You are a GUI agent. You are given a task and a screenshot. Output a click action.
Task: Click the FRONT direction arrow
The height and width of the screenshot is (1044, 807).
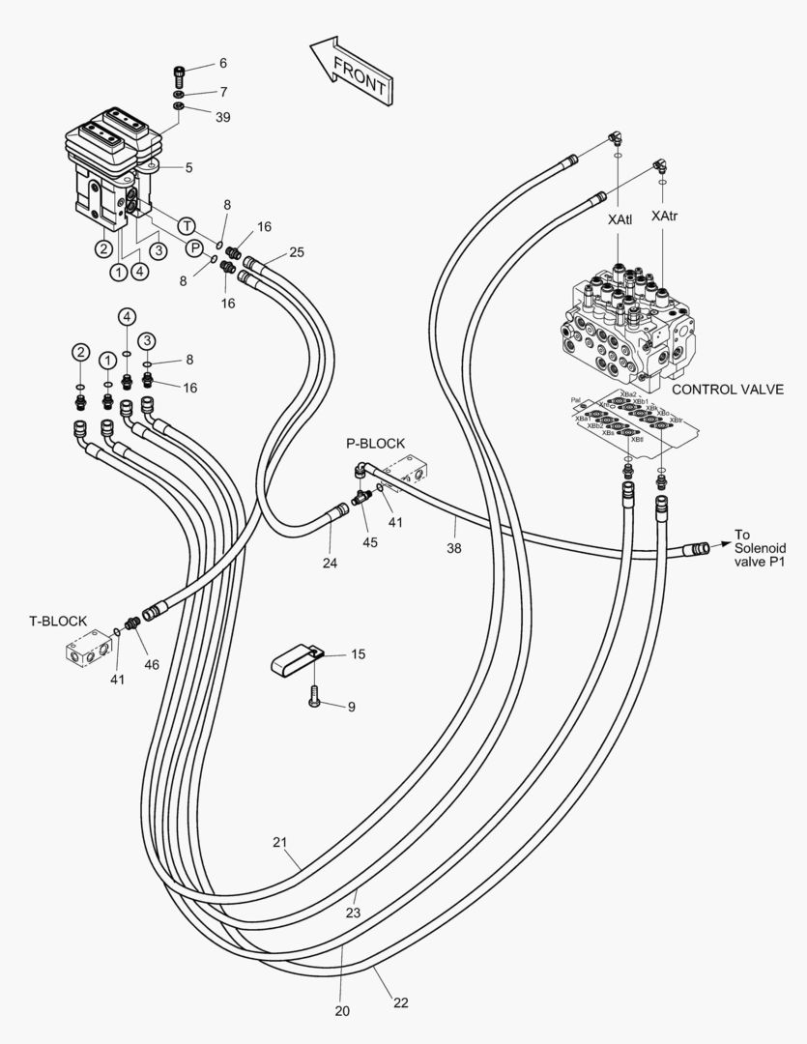tap(351, 70)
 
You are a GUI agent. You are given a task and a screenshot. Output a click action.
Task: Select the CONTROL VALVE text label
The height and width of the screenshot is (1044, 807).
tap(727, 390)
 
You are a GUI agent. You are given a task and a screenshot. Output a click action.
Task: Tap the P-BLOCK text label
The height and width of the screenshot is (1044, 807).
tap(376, 444)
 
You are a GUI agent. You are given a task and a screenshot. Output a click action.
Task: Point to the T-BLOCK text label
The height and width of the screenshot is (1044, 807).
tap(58, 621)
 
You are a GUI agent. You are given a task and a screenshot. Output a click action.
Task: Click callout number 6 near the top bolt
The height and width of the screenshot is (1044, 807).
tap(222, 63)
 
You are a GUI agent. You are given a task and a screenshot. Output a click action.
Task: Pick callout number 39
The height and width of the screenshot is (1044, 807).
tap(223, 118)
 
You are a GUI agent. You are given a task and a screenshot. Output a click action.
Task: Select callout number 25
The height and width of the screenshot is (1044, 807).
tap(297, 252)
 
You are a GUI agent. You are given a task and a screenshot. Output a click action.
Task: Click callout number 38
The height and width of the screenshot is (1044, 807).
tap(454, 548)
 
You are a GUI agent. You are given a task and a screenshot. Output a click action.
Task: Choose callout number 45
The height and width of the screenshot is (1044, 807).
tap(371, 542)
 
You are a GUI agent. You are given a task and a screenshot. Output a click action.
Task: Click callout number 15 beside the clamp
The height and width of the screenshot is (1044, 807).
tap(358, 654)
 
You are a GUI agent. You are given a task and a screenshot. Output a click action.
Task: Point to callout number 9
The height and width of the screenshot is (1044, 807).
tap(351, 707)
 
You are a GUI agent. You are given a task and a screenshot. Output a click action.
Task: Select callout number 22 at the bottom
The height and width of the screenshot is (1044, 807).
tap(400, 1002)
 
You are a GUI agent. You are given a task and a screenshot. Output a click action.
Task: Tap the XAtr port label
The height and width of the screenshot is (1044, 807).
tap(665, 216)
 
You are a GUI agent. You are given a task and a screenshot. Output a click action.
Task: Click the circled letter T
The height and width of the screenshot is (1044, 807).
tap(187, 226)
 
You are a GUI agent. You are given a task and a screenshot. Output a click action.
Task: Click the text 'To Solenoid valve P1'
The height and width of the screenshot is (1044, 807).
tap(756, 549)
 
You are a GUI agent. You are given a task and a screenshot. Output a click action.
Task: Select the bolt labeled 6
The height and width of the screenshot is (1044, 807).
tap(179, 72)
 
